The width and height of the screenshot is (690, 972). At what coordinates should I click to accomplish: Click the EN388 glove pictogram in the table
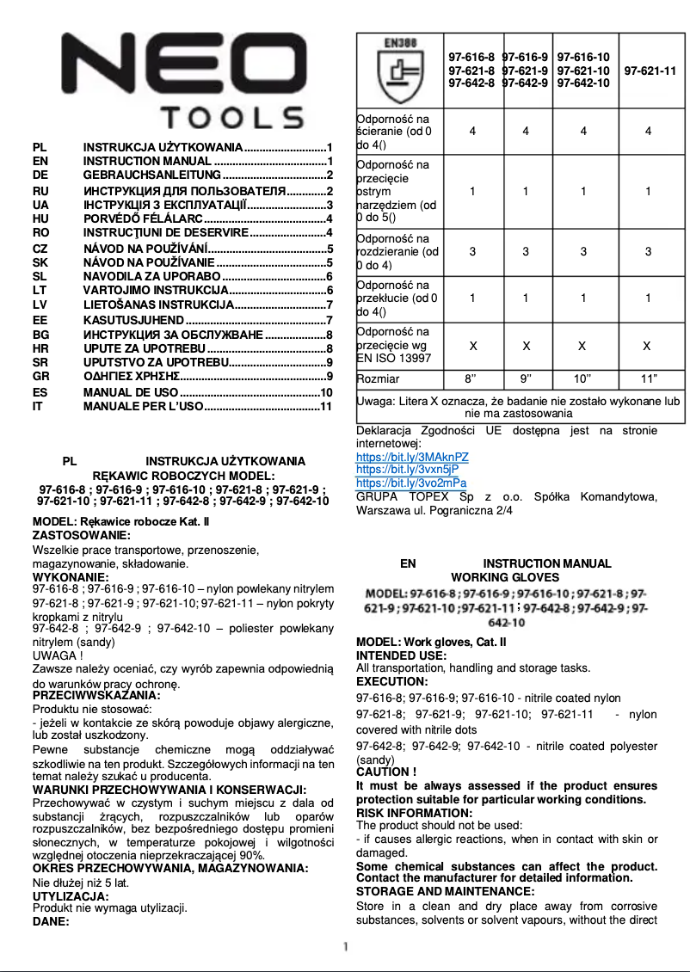pyautogui.click(x=399, y=70)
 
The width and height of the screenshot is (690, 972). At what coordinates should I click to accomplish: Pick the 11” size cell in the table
pyautogui.click(x=648, y=378)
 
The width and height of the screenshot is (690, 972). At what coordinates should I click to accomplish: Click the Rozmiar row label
pyautogui.click(x=379, y=378)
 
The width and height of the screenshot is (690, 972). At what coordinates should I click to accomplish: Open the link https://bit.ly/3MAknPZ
pyautogui.click(x=412, y=458)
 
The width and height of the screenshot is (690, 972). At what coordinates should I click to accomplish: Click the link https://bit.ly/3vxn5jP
pyautogui.click(x=407, y=470)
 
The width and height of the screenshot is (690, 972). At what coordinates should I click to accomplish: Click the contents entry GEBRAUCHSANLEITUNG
pyautogui.click(x=151, y=175)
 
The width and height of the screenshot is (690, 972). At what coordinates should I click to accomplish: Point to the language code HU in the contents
pyautogui.click(x=40, y=218)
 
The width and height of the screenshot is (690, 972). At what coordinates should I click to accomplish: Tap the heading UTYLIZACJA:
pyautogui.click(x=71, y=896)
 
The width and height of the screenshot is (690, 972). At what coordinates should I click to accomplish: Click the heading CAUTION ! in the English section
pyautogui.click(x=386, y=772)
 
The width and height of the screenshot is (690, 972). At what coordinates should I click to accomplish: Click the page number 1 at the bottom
pyautogui.click(x=345, y=946)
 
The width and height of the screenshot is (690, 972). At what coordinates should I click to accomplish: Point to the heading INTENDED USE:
pyautogui.click(x=401, y=655)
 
